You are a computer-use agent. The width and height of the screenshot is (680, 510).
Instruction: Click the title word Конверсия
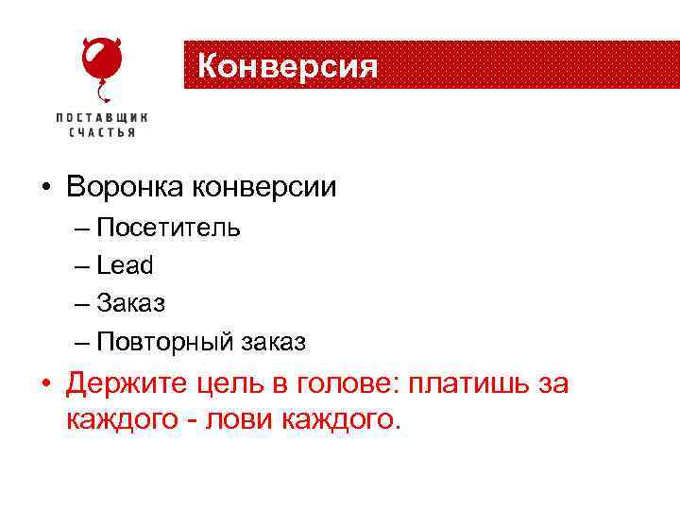pyautogui.click(x=288, y=66)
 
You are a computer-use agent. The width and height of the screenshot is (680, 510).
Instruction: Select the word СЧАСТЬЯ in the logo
pyautogui.click(x=102, y=133)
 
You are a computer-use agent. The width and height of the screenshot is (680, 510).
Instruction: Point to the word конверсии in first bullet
pyautogui.click(x=263, y=187)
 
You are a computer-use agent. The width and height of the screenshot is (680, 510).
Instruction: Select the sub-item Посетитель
pyautogui.click(x=168, y=228)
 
